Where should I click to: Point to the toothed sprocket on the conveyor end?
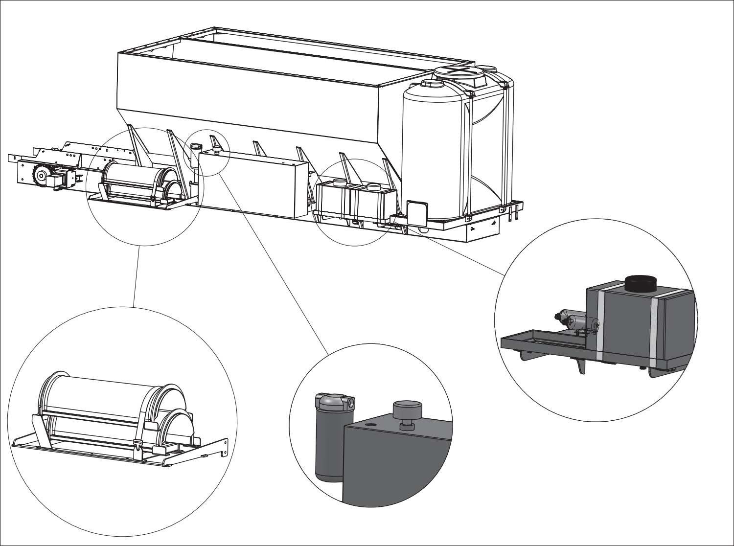point(41,175)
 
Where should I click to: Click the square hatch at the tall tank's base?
point(416,212)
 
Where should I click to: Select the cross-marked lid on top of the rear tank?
point(459,72)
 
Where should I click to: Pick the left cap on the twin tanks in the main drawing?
point(338,182)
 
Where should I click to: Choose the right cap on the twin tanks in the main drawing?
point(373,186)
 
